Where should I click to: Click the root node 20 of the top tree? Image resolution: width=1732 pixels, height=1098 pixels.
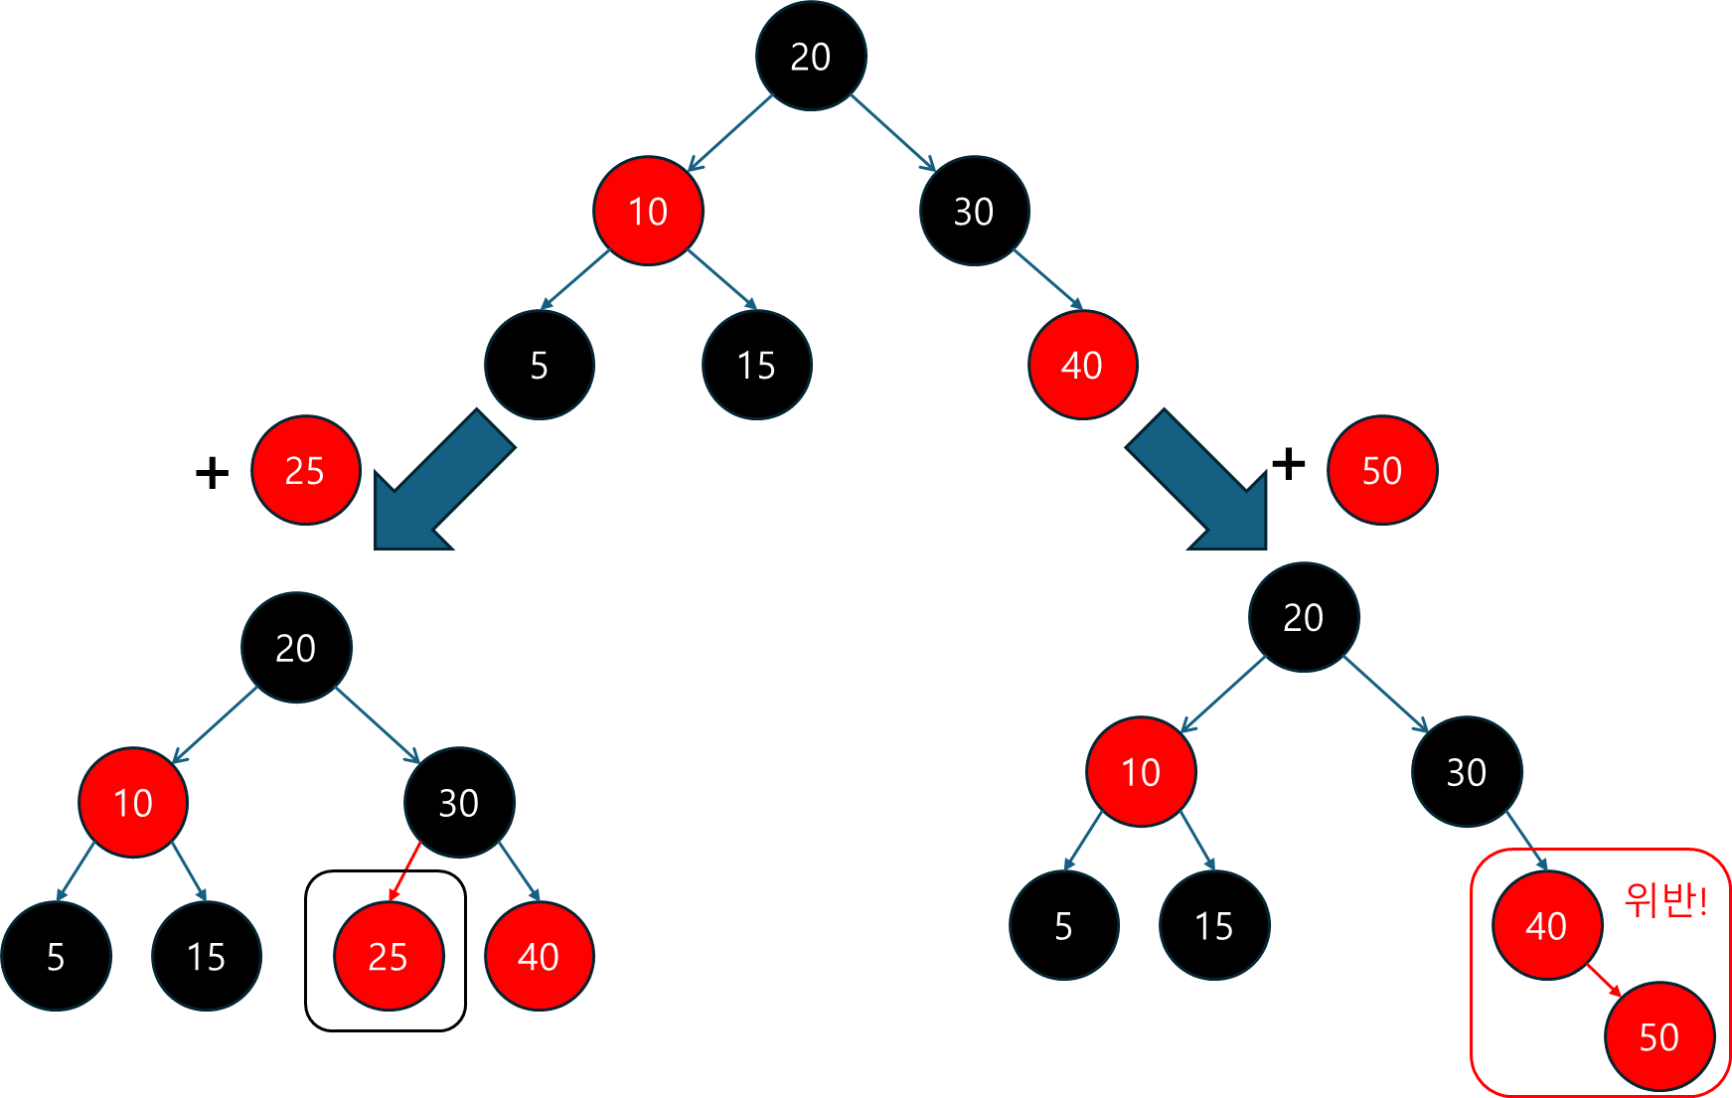(x=811, y=56)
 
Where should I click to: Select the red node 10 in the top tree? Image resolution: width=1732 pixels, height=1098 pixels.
(x=648, y=211)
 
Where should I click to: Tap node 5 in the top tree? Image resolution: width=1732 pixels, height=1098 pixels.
(x=539, y=366)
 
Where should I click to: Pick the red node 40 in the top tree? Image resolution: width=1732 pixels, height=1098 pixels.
(x=1082, y=366)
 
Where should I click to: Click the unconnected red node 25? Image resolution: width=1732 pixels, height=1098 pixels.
(x=305, y=470)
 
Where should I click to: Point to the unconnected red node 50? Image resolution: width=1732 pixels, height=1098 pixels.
(x=1382, y=470)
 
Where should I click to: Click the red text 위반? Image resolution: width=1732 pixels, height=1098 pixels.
(x=1665, y=900)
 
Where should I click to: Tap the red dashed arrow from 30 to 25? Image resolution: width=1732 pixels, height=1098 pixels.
(x=405, y=870)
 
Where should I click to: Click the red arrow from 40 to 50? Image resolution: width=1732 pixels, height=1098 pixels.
(x=1603, y=980)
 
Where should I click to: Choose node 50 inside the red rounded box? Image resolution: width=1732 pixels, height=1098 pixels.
(x=1658, y=1036)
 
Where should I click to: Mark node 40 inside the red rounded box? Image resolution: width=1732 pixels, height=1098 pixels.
(x=1546, y=925)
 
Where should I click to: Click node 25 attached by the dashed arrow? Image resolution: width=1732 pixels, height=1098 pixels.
(x=388, y=956)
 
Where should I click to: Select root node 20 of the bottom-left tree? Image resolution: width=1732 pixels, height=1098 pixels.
(x=296, y=648)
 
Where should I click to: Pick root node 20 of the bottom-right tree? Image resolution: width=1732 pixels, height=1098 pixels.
(x=1303, y=617)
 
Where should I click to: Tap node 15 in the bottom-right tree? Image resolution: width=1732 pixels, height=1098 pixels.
(x=1213, y=925)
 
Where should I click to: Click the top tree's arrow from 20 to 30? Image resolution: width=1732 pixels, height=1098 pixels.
(x=892, y=133)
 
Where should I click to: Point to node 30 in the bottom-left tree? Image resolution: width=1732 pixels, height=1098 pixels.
(x=459, y=802)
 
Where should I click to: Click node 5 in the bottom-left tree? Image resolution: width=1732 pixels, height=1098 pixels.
(x=56, y=956)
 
